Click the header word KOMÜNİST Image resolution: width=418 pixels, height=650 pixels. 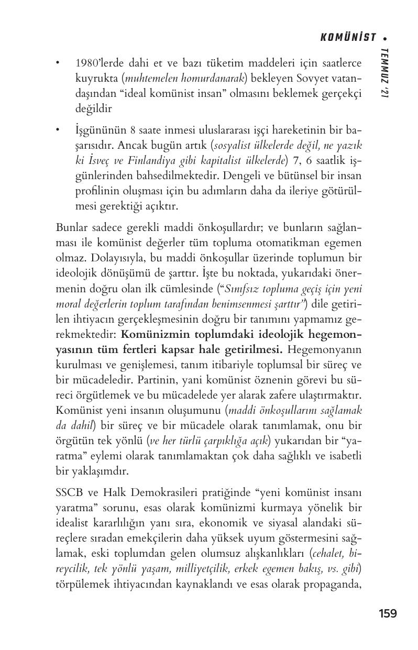point(348,37)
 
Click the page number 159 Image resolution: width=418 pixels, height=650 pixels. point(388,613)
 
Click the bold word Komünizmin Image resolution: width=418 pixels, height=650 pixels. point(156,334)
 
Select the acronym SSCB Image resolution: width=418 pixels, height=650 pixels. point(69,493)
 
